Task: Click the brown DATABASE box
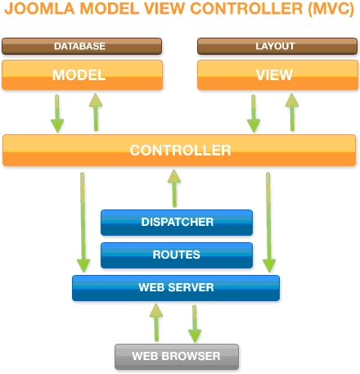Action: point(82,46)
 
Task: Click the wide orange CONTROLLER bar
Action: point(180,151)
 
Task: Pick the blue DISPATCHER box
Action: point(177,222)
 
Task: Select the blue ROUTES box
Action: point(177,255)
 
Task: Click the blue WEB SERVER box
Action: point(176,287)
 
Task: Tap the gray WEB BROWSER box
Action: point(177,356)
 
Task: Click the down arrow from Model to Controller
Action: point(56,112)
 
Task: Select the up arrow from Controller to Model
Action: point(95,112)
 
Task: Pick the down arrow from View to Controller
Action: point(251,112)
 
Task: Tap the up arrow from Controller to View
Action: point(289,112)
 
